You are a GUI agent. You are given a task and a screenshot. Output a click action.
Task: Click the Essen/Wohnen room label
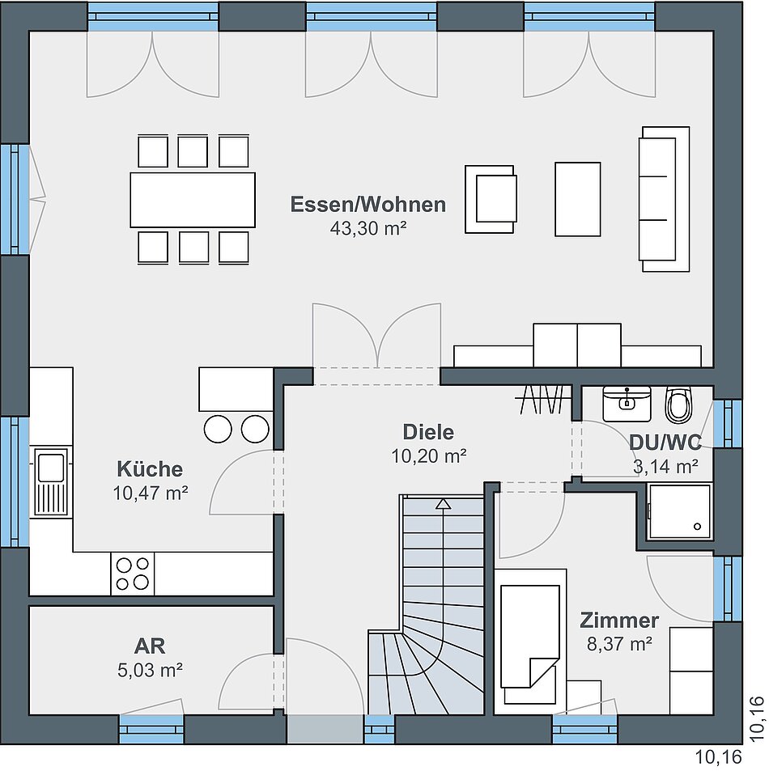click(x=368, y=205)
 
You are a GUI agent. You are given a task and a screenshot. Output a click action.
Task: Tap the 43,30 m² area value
click(x=368, y=228)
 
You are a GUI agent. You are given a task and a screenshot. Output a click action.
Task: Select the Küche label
click(x=150, y=468)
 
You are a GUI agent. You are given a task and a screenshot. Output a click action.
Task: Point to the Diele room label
click(x=428, y=432)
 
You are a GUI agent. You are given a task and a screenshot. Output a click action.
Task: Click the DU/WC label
click(x=665, y=443)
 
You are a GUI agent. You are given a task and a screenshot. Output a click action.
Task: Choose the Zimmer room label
click(x=619, y=621)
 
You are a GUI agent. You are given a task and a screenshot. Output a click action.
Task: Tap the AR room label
click(x=150, y=646)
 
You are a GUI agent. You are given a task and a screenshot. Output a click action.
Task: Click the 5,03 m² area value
click(x=150, y=670)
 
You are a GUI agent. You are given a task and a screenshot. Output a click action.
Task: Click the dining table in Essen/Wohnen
click(x=193, y=200)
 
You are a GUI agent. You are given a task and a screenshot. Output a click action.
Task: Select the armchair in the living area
click(x=491, y=199)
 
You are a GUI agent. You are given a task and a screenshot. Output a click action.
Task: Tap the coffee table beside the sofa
click(x=578, y=199)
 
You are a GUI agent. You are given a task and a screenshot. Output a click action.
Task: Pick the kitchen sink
click(x=51, y=482)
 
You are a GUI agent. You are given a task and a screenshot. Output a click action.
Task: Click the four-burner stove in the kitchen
click(x=132, y=574)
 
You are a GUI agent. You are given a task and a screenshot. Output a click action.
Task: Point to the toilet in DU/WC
click(x=678, y=405)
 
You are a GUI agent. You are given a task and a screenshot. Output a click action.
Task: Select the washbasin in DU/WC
click(x=627, y=403)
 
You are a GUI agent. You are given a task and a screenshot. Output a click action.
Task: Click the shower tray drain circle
click(x=697, y=527)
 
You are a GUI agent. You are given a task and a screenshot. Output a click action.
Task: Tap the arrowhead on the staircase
click(x=444, y=503)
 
